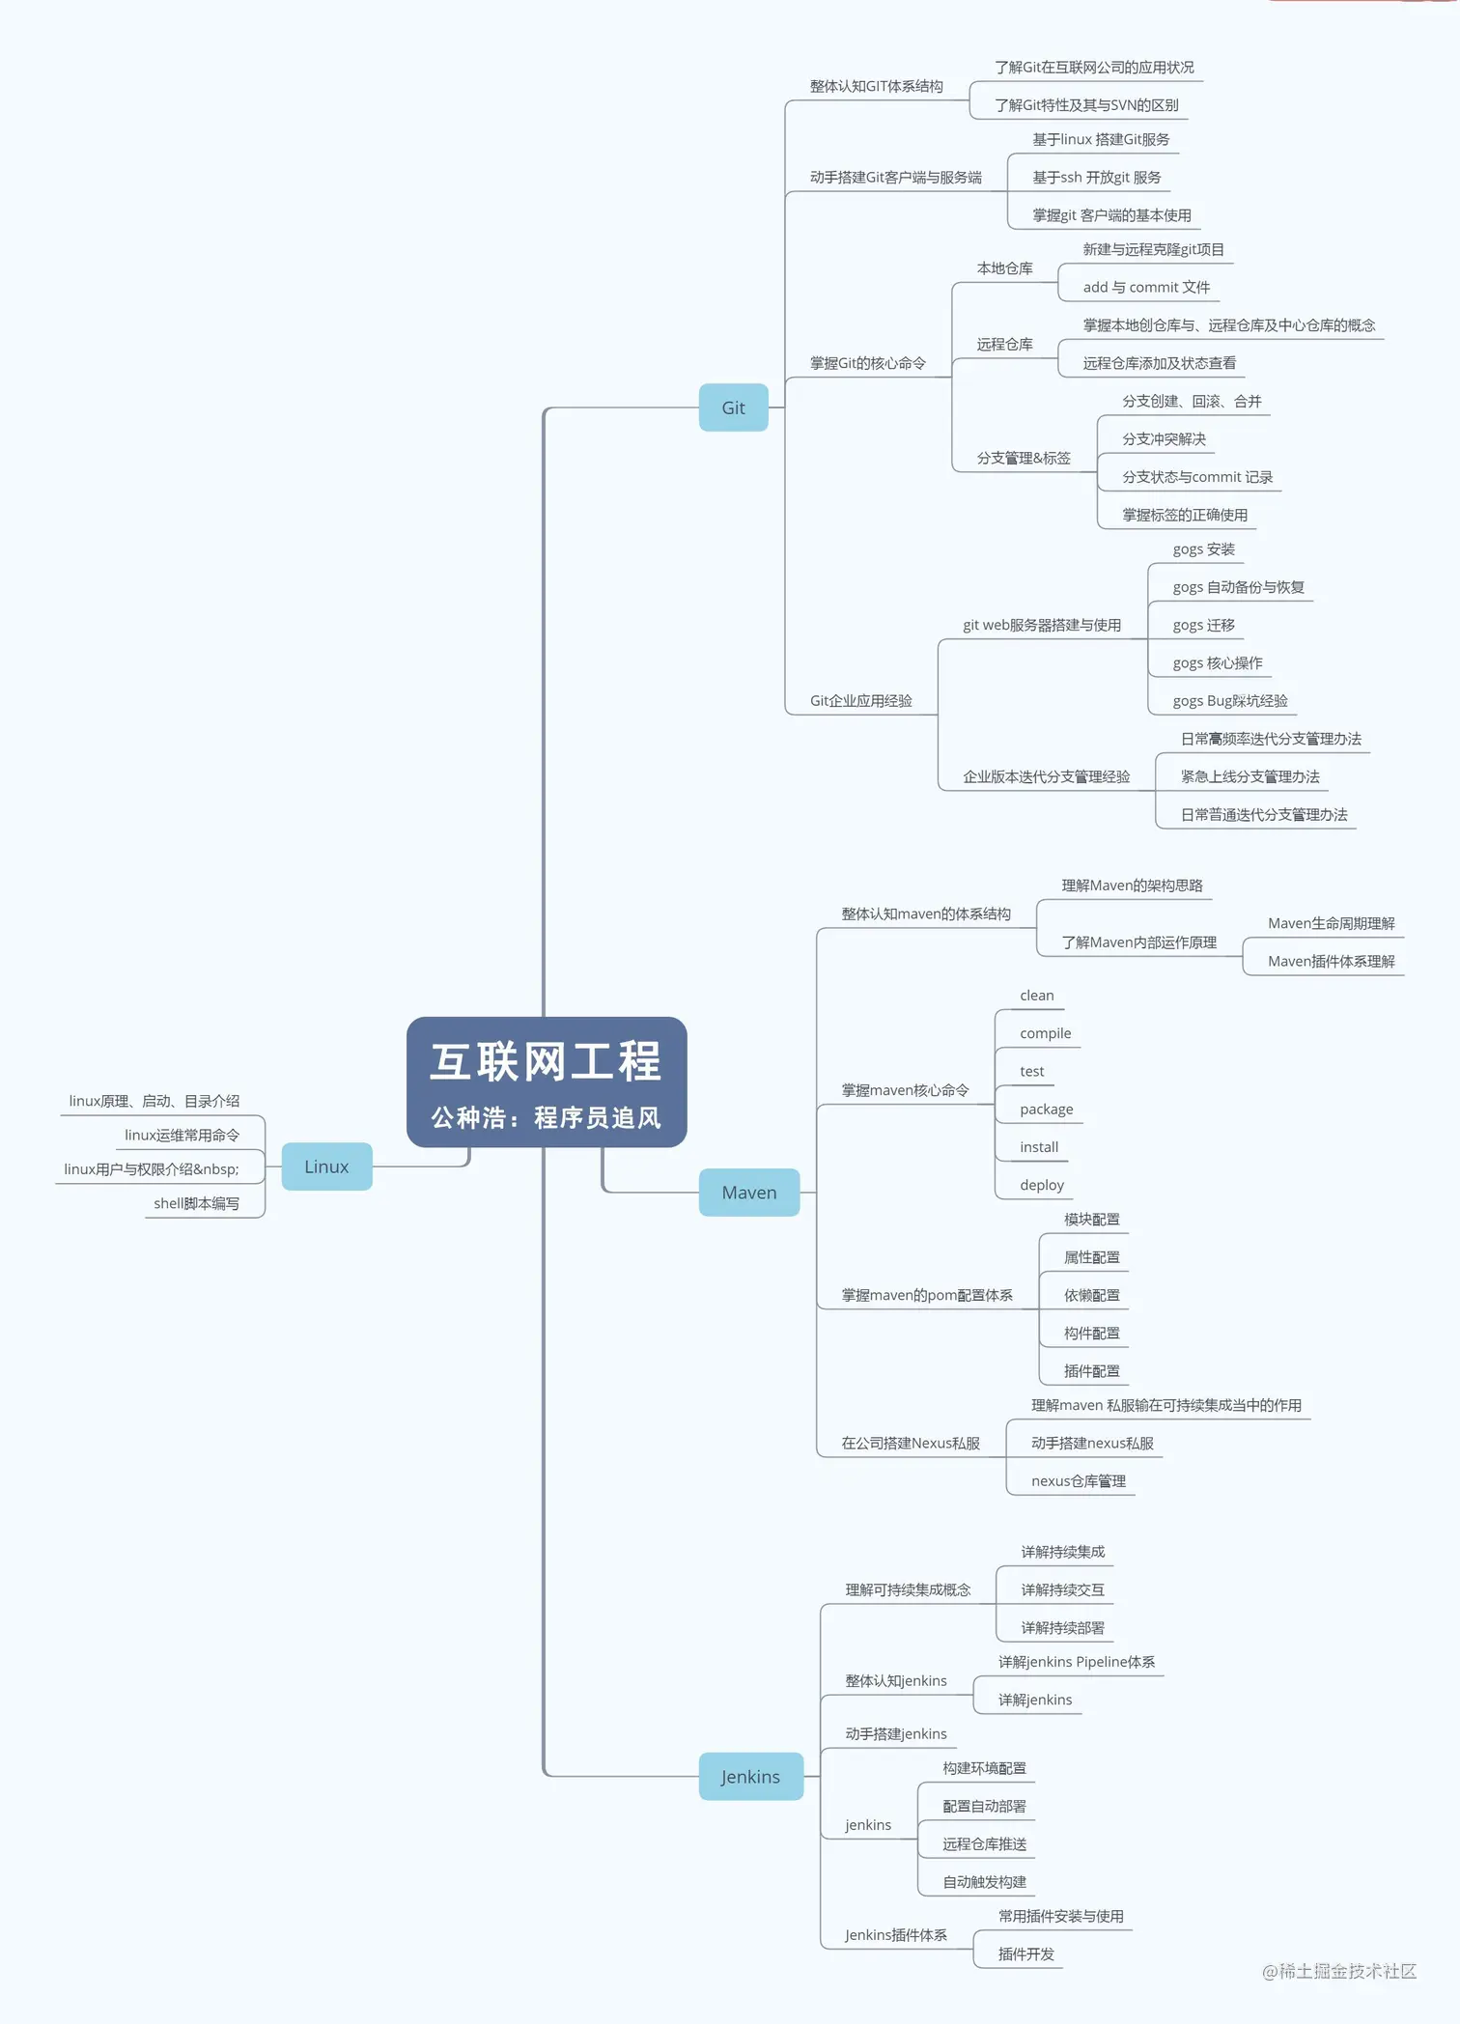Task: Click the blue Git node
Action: click(733, 408)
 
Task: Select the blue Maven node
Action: click(748, 1193)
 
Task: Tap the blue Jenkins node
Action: click(750, 1777)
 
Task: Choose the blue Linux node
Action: click(326, 1167)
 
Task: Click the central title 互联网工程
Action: click(546, 1061)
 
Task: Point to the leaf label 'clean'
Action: click(1036, 996)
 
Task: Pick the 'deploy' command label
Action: click(1041, 1185)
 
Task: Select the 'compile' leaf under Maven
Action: click(1045, 1033)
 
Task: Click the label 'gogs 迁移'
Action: click(1203, 625)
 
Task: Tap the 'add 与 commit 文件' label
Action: click(1145, 287)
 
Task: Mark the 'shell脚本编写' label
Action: click(196, 1203)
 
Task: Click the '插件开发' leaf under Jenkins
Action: click(1025, 1954)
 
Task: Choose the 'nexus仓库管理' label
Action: click(1078, 1480)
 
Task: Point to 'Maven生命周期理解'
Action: click(1331, 923)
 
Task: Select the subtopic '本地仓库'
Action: click(1004, 267)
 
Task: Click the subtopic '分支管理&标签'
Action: click(1023, 458)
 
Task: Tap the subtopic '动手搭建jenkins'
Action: click(895, 1733)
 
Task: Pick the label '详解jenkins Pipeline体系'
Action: click(1076, 1661)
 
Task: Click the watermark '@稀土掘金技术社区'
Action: click(1338, 1971)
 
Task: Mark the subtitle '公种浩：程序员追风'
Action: click(546, 1117)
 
